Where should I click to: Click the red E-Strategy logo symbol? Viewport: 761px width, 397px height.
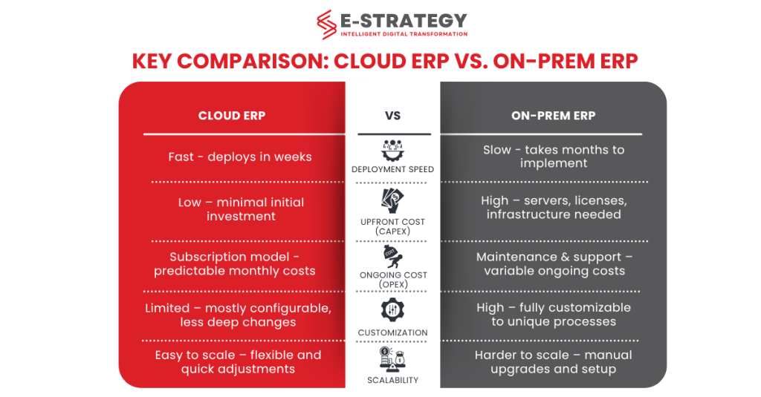[x=326, y=24]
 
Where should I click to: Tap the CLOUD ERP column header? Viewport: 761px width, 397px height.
[x=232, y=116]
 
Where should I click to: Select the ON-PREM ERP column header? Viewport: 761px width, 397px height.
[x=553, y=116]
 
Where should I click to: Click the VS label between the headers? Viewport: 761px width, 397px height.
[x=392, y=116]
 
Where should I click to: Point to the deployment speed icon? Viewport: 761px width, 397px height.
[x=392, y=151]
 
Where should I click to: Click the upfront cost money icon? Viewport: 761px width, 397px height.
[x=392, y=200]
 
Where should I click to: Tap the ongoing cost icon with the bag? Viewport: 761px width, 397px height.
[x=392, y=257]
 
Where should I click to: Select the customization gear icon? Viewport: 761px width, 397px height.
[x=392, y=309]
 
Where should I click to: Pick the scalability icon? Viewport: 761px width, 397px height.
[x=392, y=359]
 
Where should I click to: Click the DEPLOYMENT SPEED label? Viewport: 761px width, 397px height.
[x=392, y=169]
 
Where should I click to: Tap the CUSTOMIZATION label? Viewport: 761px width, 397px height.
[x=392, y=332]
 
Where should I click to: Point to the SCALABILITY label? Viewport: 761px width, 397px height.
[x=392, y=380]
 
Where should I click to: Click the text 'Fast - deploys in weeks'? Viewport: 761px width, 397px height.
[x=240, y=157]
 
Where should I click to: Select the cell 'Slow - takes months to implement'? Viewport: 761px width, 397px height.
[x=554, y=157]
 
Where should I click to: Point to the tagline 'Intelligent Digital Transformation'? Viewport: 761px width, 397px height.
[x=404, y=34]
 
